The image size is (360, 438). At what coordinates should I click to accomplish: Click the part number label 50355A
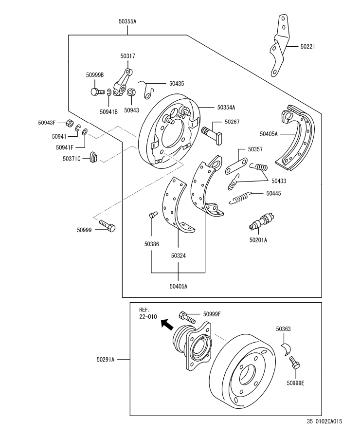[x=127, y=21]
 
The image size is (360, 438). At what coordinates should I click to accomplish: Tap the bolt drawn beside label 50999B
[x=98, y=91]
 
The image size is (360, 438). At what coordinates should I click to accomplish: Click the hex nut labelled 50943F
[x=70, y=123]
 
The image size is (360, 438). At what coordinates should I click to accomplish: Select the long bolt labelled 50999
[x=107, y=226]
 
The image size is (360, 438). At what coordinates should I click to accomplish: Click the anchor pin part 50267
[x=213, y=133]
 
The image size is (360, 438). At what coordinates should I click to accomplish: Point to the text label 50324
[x=178, y=255]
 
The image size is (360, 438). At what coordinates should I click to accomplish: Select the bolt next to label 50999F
[x=187, y=317]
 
